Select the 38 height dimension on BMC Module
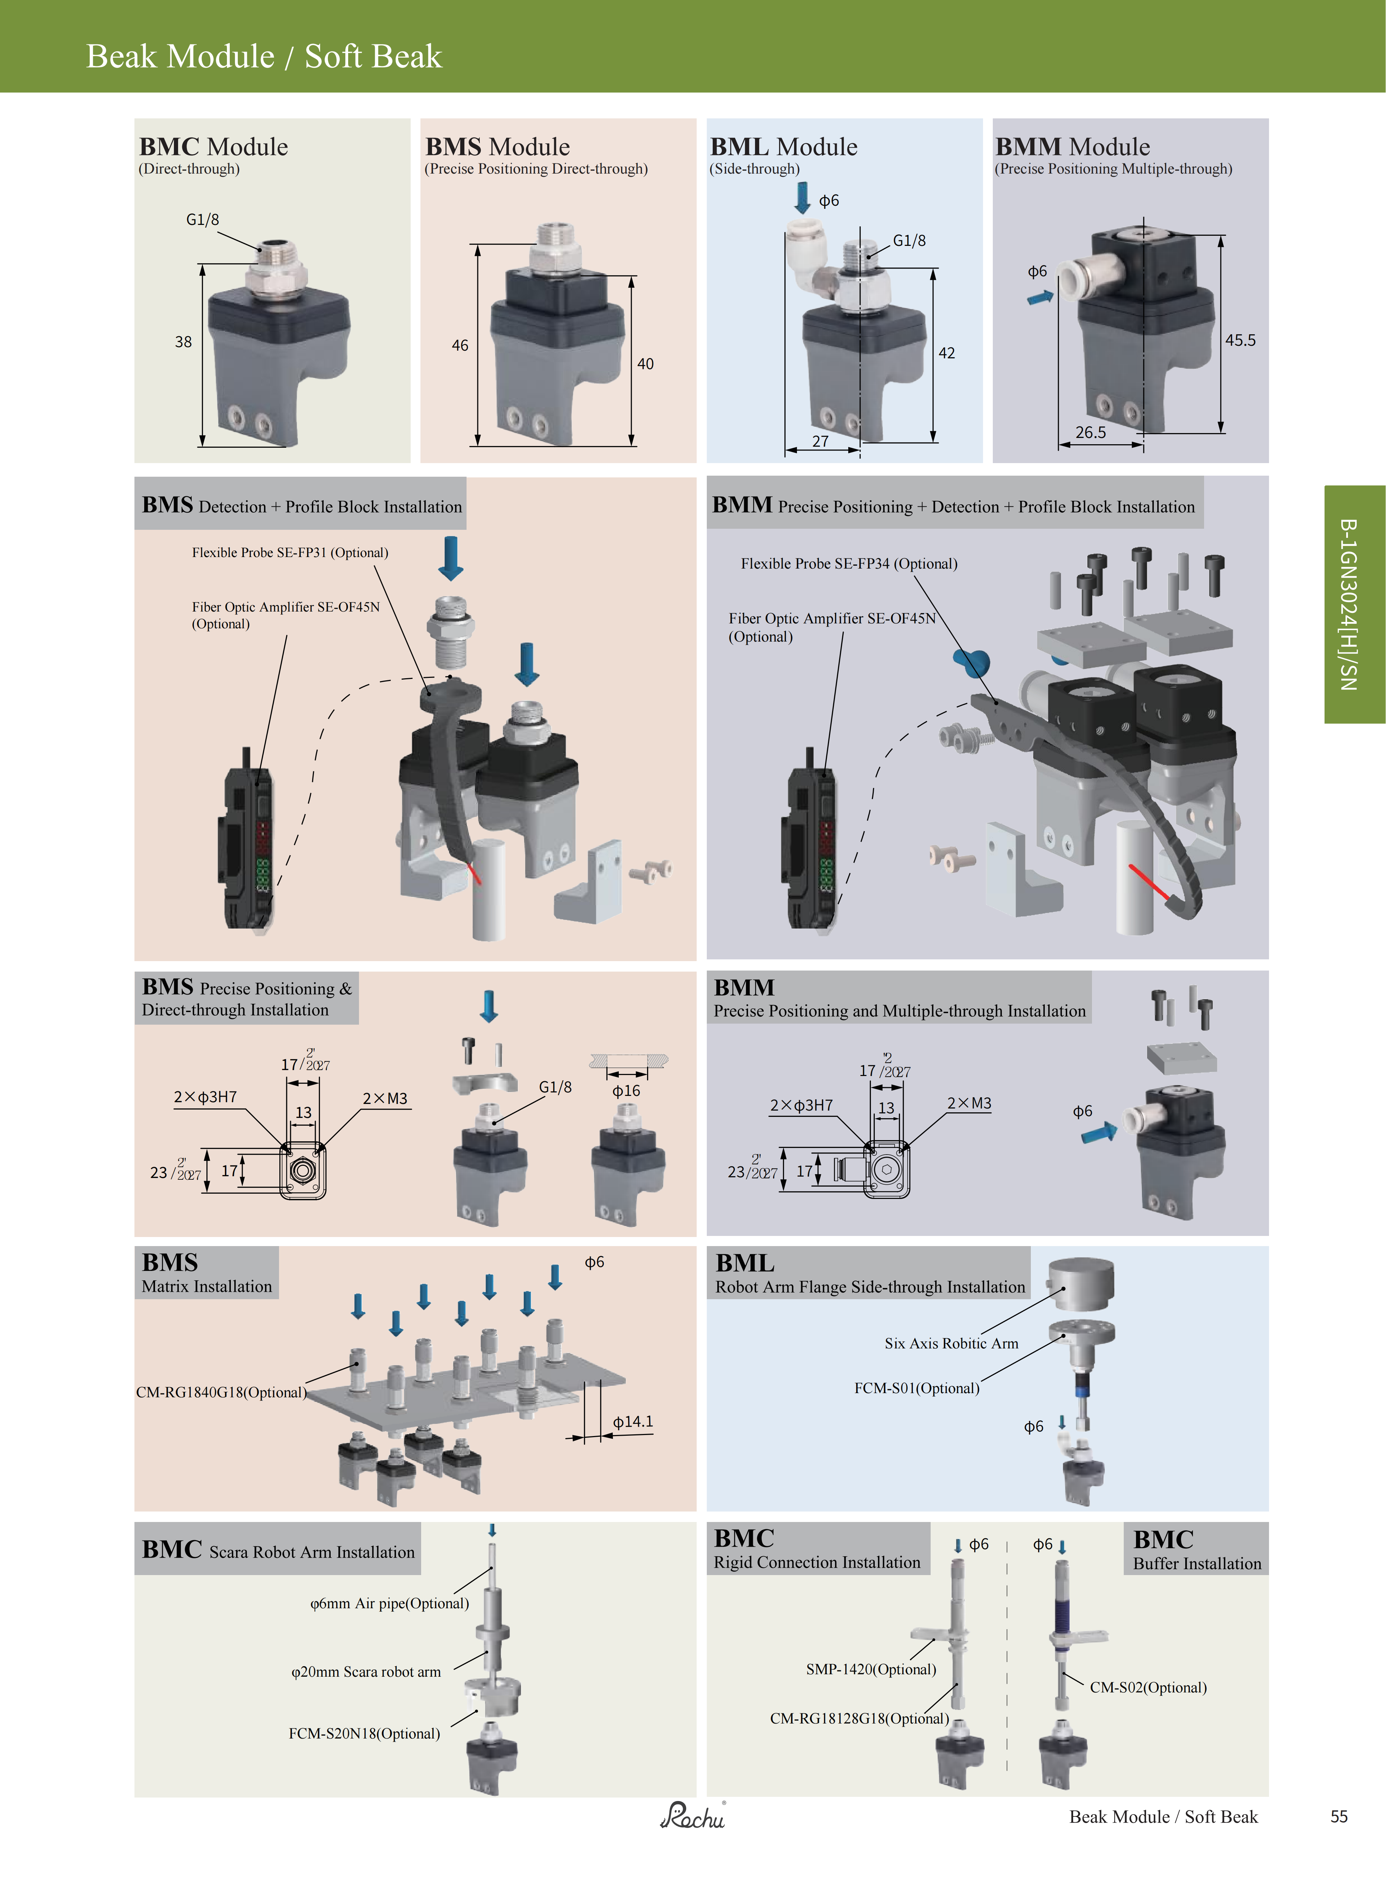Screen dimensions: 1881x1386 tap(183, 342)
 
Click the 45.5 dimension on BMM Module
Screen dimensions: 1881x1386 tap(1240, 340)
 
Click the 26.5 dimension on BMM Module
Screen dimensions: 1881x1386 tap(1091, 432)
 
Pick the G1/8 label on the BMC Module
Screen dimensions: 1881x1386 tap(202, 220)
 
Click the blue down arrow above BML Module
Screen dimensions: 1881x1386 tap(802, 198)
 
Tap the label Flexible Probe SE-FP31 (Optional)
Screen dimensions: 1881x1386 tap(289, 552)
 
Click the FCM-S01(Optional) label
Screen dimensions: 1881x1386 tap(916, 1388)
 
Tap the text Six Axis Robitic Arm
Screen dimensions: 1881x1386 tap(951, 1343)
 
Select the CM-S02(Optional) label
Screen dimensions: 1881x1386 tap(1148, 1687)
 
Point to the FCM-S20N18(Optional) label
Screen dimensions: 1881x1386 tap(364, 1733)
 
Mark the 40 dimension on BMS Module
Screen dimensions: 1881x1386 tap(645, 363)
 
